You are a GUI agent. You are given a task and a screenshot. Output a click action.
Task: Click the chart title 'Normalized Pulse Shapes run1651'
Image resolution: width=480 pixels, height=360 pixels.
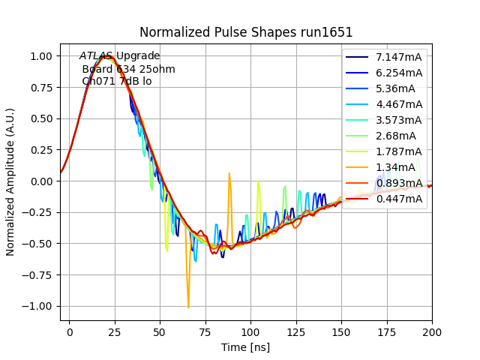point(246,32)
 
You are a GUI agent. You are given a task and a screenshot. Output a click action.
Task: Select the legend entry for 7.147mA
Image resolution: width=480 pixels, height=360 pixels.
point(399,58)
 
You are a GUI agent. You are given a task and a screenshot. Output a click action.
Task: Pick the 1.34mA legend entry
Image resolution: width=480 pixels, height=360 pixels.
point(395,167)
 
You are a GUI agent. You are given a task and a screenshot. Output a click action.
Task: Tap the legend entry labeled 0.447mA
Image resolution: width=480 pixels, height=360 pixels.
point(399,199)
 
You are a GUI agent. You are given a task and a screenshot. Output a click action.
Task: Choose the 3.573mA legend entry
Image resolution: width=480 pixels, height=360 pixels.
point(399,120)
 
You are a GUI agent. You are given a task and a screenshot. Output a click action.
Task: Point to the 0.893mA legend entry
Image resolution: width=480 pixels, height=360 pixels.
point(399,183)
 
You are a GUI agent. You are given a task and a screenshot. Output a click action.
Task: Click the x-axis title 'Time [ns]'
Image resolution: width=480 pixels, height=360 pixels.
point(245,347)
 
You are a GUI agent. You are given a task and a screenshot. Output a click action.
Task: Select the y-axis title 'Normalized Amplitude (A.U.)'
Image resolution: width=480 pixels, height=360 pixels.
point(11,182)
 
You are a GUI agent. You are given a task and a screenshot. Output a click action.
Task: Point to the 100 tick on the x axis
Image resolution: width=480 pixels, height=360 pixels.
point(250,331)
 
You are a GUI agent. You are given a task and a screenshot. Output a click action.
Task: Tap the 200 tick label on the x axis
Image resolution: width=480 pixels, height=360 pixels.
point(432,331)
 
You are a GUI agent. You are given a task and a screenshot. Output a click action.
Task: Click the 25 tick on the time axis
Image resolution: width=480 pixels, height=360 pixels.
point(115,331)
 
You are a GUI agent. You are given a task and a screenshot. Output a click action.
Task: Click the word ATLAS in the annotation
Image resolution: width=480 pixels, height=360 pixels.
point(96,56)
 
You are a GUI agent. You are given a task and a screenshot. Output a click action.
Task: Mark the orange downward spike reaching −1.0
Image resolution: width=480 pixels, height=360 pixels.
point(188,305)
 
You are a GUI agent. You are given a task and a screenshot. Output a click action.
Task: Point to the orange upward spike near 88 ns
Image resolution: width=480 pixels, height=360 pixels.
point(229,174)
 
